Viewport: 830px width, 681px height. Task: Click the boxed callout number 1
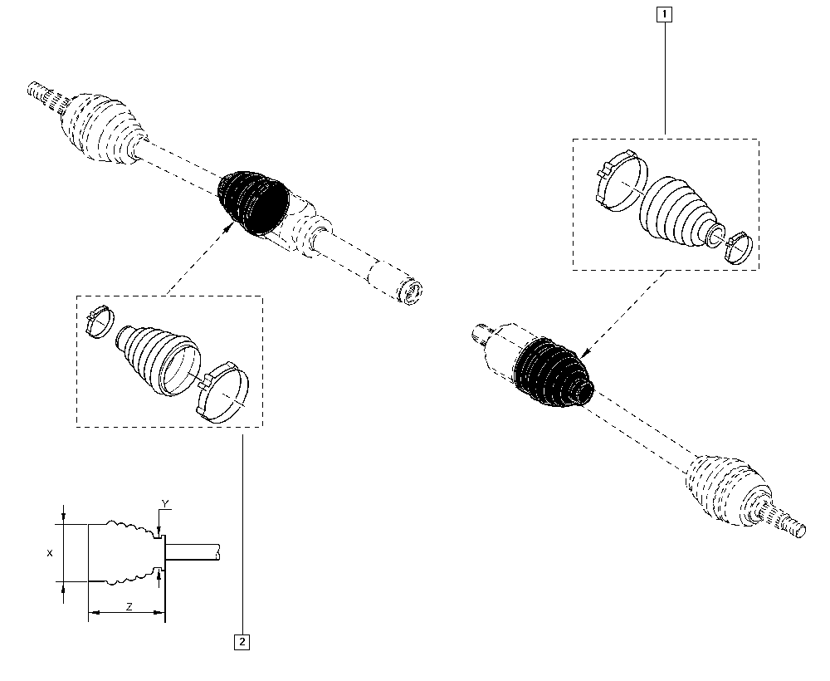[664, 14]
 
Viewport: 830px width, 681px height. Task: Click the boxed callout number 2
[242, 642]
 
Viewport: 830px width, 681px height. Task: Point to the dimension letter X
[50, 553]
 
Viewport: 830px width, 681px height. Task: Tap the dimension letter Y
[165, 503]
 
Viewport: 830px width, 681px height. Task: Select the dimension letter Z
[129, 607]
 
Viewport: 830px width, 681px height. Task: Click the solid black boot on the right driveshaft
[553, 374]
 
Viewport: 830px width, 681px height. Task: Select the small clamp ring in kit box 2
[100, 322]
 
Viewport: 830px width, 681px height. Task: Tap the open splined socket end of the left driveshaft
[410, 292]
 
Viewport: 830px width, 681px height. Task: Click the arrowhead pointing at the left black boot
[230, 227]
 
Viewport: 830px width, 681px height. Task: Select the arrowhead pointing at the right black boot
[584, 353]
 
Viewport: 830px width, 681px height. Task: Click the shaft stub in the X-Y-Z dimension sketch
[193, 551]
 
